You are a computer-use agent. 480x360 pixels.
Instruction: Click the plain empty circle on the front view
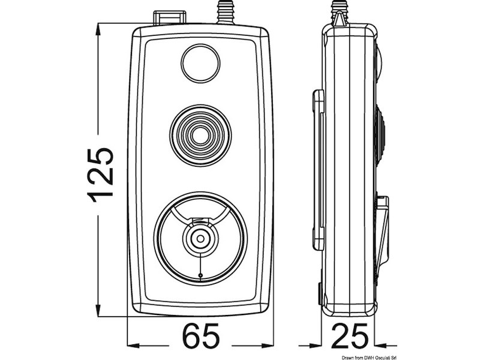[200, 65]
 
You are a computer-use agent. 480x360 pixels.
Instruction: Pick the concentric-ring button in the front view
[200, 133]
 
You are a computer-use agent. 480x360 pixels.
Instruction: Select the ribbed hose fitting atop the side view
[340, 11]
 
